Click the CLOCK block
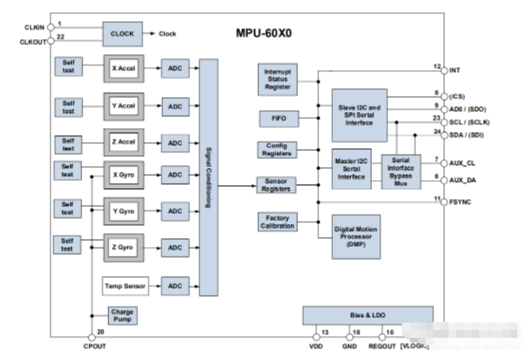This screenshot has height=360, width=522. coord(122,34)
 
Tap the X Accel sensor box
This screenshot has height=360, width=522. coord(125,67)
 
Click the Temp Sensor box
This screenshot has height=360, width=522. coord(125,286)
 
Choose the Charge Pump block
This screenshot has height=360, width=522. coord(122,316)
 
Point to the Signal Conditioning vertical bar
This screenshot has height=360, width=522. coord(208,178)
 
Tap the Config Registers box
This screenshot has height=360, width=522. coord(277,149)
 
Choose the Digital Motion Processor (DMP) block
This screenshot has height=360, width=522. coord(355,237)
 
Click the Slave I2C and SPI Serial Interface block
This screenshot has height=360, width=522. coord(358,114)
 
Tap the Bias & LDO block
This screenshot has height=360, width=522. coord(367,315)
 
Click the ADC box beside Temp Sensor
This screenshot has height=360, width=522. coord(175,286)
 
